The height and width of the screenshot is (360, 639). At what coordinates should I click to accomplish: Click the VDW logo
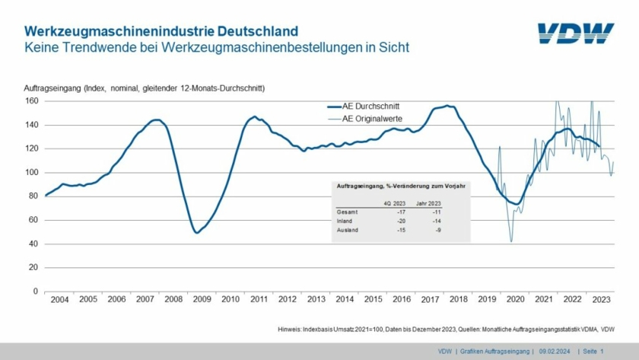pos(575,33)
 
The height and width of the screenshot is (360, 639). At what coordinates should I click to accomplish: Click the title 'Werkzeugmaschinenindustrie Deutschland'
pos(161,31)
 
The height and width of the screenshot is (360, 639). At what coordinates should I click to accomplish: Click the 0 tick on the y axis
pos(36,292)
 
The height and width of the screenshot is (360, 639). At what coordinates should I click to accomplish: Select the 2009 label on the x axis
pos(201,300)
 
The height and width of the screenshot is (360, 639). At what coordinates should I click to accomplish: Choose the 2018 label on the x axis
pos(458,300)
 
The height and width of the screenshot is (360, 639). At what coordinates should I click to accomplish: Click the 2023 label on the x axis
pos(601,300)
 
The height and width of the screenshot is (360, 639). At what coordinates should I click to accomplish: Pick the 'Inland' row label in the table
pos(345,220)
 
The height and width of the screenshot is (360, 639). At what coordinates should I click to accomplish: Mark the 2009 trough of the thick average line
pos(197,232)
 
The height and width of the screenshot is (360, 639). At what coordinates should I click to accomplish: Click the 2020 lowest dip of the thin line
pos(511,242)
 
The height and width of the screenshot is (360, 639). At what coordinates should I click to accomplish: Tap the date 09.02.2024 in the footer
pos(555,351)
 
